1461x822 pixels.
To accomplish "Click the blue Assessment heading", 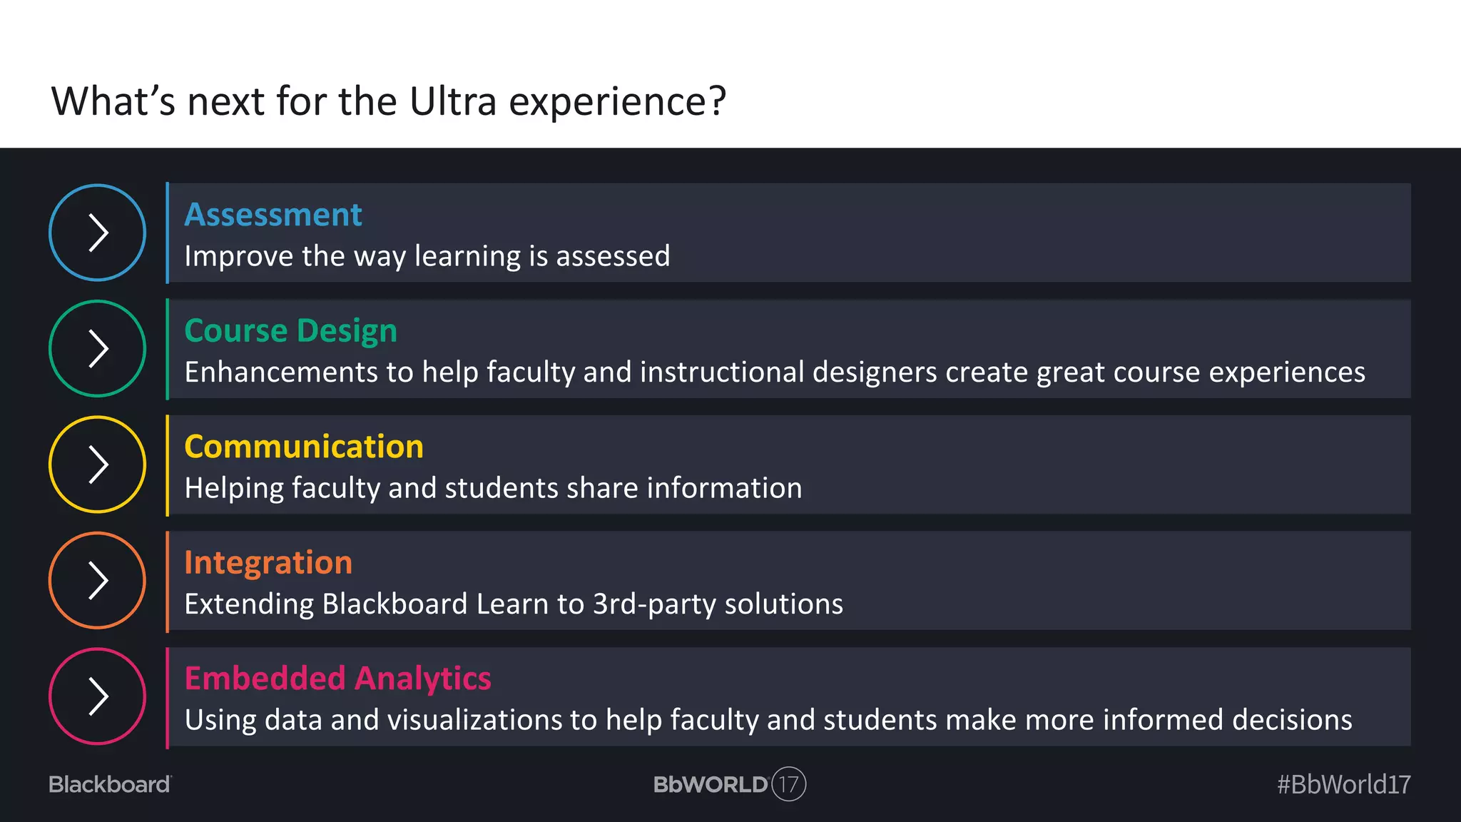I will [x=273, y=215].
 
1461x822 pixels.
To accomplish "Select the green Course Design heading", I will [x=290, y=331].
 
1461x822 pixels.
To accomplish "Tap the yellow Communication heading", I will [x=304, y=447].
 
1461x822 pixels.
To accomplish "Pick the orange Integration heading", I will [x=268, y=563].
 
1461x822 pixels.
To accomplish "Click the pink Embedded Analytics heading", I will [x=337, y=679].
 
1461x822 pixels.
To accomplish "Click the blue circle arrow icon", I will [x=98, y=233].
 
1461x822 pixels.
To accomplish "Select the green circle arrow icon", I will [x=98, y=349].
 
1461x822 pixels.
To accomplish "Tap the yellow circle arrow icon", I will [x=98, y=465].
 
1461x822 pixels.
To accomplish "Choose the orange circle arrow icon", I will [x=98, y=580].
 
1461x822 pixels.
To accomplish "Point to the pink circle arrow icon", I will [x=98, y=696].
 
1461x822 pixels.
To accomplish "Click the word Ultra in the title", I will [x=453, y=101].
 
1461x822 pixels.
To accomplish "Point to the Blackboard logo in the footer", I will [x=110, y=784].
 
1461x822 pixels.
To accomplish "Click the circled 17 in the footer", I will [x=788, y=784].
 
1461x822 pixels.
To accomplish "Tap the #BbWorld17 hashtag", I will [x=1343, y=784].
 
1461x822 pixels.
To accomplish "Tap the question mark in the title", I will [x=717, y=101].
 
